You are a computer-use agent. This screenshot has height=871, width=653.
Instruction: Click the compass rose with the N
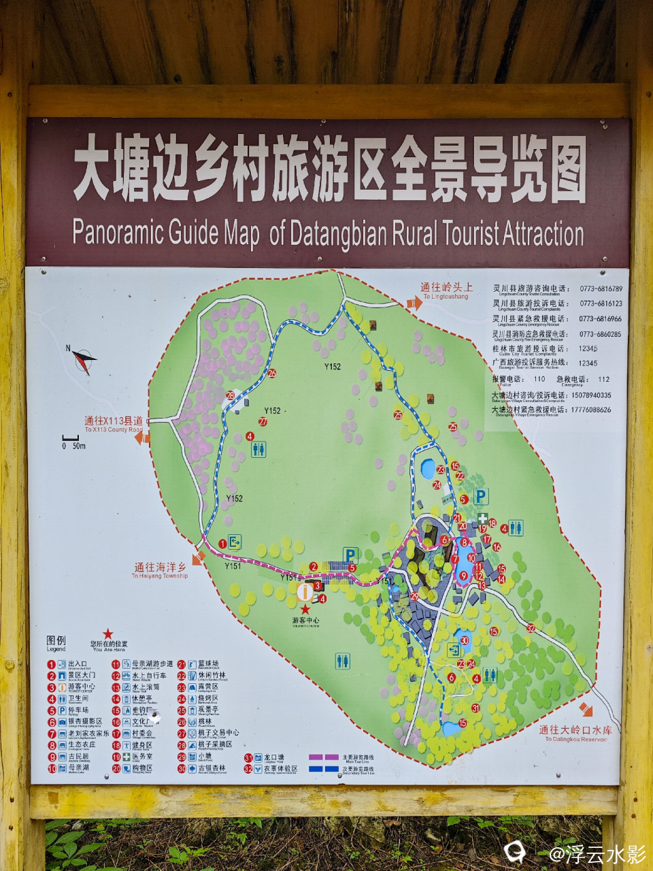[x=84, y=359]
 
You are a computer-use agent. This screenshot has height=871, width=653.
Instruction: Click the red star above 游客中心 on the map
[x=305, y=609]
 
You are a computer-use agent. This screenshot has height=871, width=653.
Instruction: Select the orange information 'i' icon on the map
[x=304, y=591]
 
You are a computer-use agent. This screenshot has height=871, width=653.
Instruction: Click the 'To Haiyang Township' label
[x=160, y=571]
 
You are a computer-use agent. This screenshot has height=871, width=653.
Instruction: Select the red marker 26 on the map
[x=272, y=373]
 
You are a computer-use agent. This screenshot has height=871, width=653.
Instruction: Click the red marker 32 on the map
[x=531, y=628]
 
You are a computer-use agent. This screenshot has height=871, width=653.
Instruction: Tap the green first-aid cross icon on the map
[x=482, y=519]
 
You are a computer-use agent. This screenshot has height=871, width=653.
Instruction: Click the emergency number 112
[x=603, y=379]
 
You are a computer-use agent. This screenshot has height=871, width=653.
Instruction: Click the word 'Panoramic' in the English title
[x=118, y=233]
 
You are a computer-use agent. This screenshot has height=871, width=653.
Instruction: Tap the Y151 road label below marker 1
[x=233, y=565]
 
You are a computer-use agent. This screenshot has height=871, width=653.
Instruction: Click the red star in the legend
[x=107, y=634]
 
